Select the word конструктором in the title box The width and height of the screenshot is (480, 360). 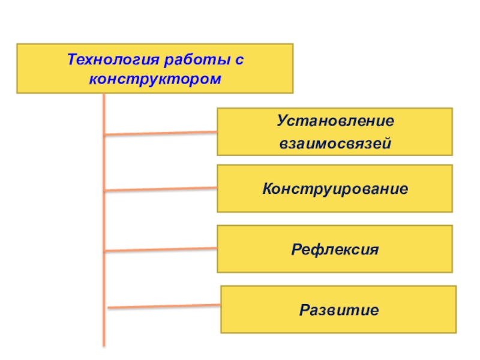pos(155,79)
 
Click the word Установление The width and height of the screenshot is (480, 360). pos(335,121)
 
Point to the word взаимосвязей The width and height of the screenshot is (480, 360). pos(335,143)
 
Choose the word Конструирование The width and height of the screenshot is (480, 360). pos(335,189)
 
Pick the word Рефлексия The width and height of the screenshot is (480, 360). pos(335,249)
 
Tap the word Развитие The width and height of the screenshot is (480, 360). pos(339,310)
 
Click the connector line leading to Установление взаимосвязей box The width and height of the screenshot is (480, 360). pos(161,133)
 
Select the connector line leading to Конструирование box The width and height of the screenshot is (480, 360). pos(161,190)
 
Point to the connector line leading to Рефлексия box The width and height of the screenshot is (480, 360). pos(161,250)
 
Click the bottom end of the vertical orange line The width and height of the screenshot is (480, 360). pos(104,344)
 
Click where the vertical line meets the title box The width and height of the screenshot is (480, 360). pos(104,94)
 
